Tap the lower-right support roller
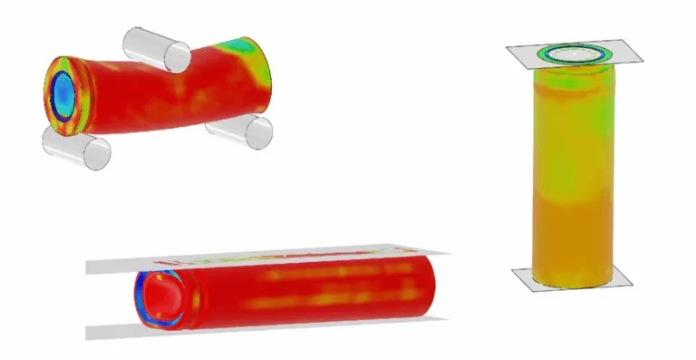(x=238, y=131)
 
